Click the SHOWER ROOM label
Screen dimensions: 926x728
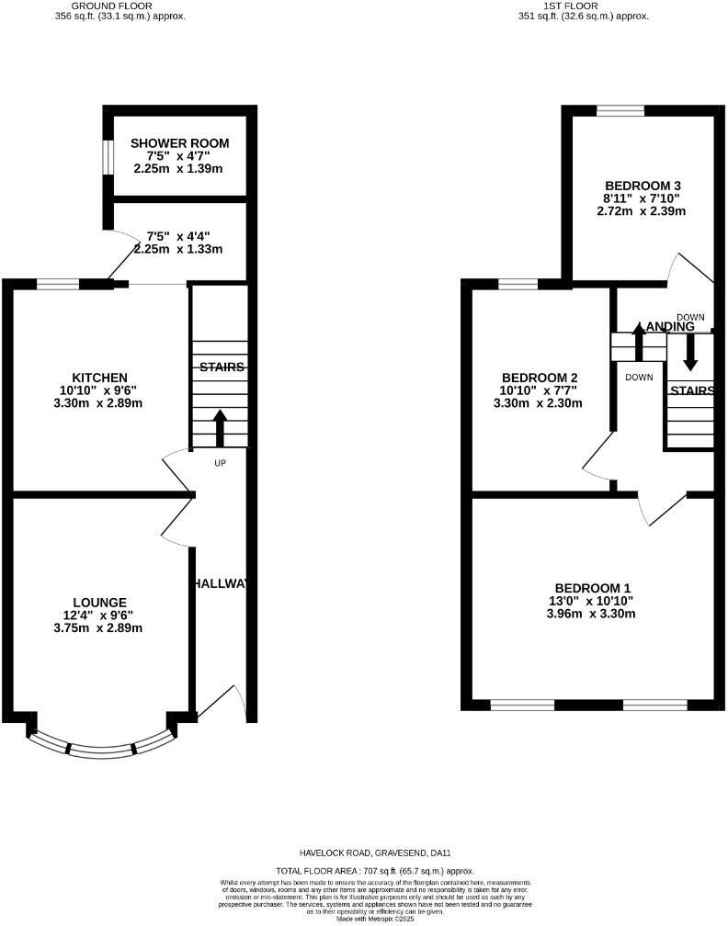click(179, 143)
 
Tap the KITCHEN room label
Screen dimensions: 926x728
click(99, 378)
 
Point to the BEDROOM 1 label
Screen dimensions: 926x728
click(593, 588)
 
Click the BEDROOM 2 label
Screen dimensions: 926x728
click(539, 378)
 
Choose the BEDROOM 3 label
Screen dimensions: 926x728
click(643, 185)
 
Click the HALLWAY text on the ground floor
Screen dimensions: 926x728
click(222, 583)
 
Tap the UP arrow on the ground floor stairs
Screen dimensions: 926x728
click(220, 426)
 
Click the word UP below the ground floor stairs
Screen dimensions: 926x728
click(220, 463)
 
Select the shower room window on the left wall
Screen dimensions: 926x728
click(107, 155)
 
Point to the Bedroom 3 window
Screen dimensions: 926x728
click(620, 111)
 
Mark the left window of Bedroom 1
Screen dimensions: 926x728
click(522, 705)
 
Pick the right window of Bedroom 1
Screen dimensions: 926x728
click(654, 705)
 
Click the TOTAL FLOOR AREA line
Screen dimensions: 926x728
click(375, 869)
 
